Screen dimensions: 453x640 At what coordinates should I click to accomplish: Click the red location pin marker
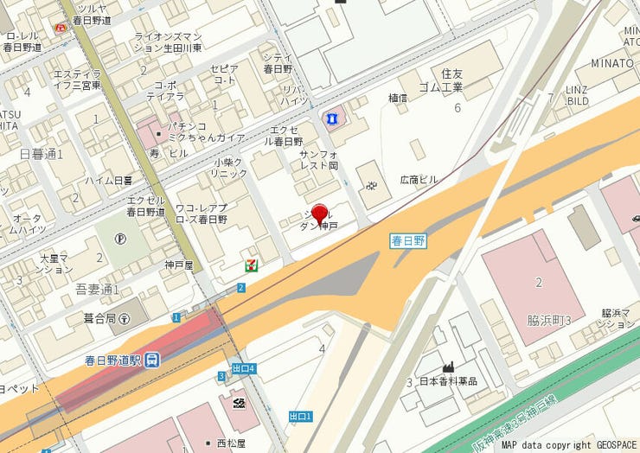[x=319, y=214]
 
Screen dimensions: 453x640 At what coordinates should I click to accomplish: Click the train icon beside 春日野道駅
[x=152, y=359]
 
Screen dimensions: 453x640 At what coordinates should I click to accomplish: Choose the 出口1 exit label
[x=299, y=417]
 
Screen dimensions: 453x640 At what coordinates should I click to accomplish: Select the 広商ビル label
[x=419, y=180]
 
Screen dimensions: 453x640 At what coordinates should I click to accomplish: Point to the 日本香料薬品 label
[x=448, y=381]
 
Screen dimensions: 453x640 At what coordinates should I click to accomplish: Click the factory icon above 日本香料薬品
[x=448, y=367]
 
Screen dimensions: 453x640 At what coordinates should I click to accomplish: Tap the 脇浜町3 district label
[x=550, y=319]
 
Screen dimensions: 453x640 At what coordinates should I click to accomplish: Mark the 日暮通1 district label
[x=41, y=154]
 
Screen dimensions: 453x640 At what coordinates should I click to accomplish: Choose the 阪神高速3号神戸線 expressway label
[x=537, y=405]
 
